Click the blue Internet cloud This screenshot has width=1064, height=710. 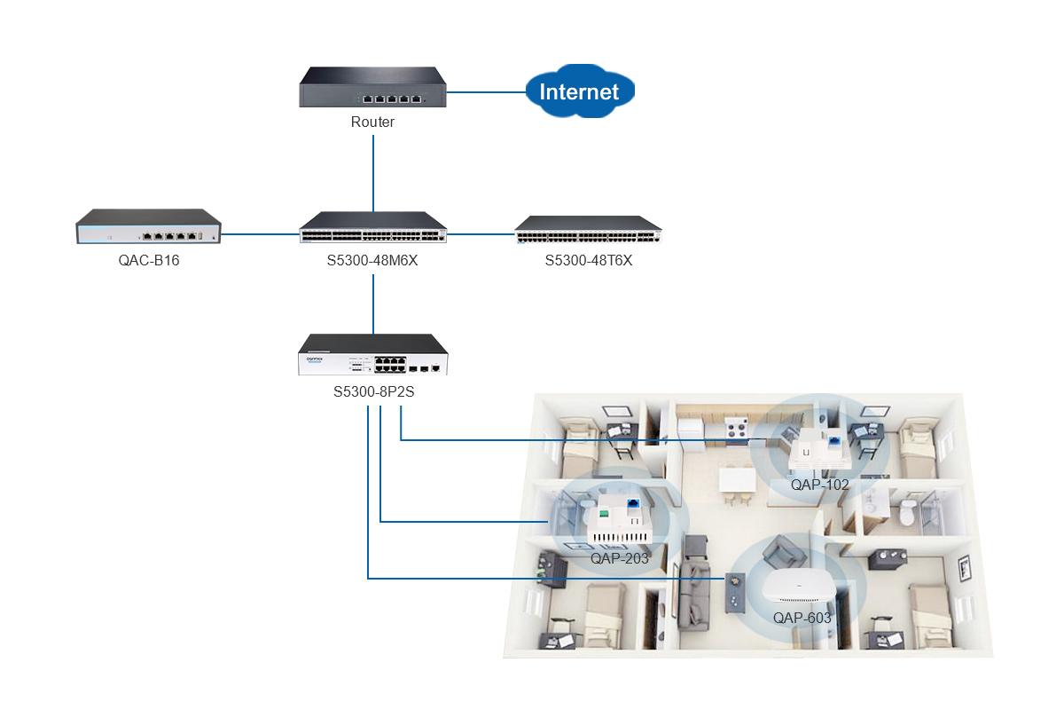click(x=580, y=91)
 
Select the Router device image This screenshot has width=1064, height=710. click(x=373, y=87)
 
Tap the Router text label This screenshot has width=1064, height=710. click(x=373, y=122)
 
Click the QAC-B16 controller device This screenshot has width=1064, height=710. click(x=149, y=226)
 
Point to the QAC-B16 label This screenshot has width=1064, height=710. click(x=149, y=261)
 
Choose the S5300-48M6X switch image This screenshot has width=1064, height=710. click(x=373, y=227)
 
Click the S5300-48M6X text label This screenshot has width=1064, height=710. click(x=372, y=261)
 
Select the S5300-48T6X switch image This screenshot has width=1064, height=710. click(x=589, y=230)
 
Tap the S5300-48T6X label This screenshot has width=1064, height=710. click(x=589, y=261)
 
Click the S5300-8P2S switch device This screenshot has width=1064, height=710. click(x=373, y=354)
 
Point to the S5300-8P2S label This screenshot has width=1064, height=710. click(x=374, y=392)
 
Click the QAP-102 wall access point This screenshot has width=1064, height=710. click(x=819, y=448)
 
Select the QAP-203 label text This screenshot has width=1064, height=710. click(x=620, y=558)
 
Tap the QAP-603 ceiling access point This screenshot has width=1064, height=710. click(x=798, y=586)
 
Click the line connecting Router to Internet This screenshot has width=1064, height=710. click(x=487, y=92)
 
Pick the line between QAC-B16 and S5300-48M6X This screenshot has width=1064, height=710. click(x=261, y=234)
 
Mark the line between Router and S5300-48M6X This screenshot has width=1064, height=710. click(x=373, y=173)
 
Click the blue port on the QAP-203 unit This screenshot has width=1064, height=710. click(x=633, y=503)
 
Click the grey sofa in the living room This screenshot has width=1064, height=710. click(x=694, y=596)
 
